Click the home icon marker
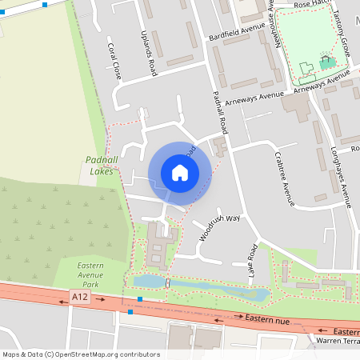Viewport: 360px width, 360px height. (180, 172)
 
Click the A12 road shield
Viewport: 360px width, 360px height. (79, 297)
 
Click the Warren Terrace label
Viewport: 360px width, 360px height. (337, 342)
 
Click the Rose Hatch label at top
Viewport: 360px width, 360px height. (314, 5)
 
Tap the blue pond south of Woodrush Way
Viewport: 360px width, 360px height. (200, 286)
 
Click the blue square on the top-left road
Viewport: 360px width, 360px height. (45, 5)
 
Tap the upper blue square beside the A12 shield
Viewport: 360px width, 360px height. (140, 299)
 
